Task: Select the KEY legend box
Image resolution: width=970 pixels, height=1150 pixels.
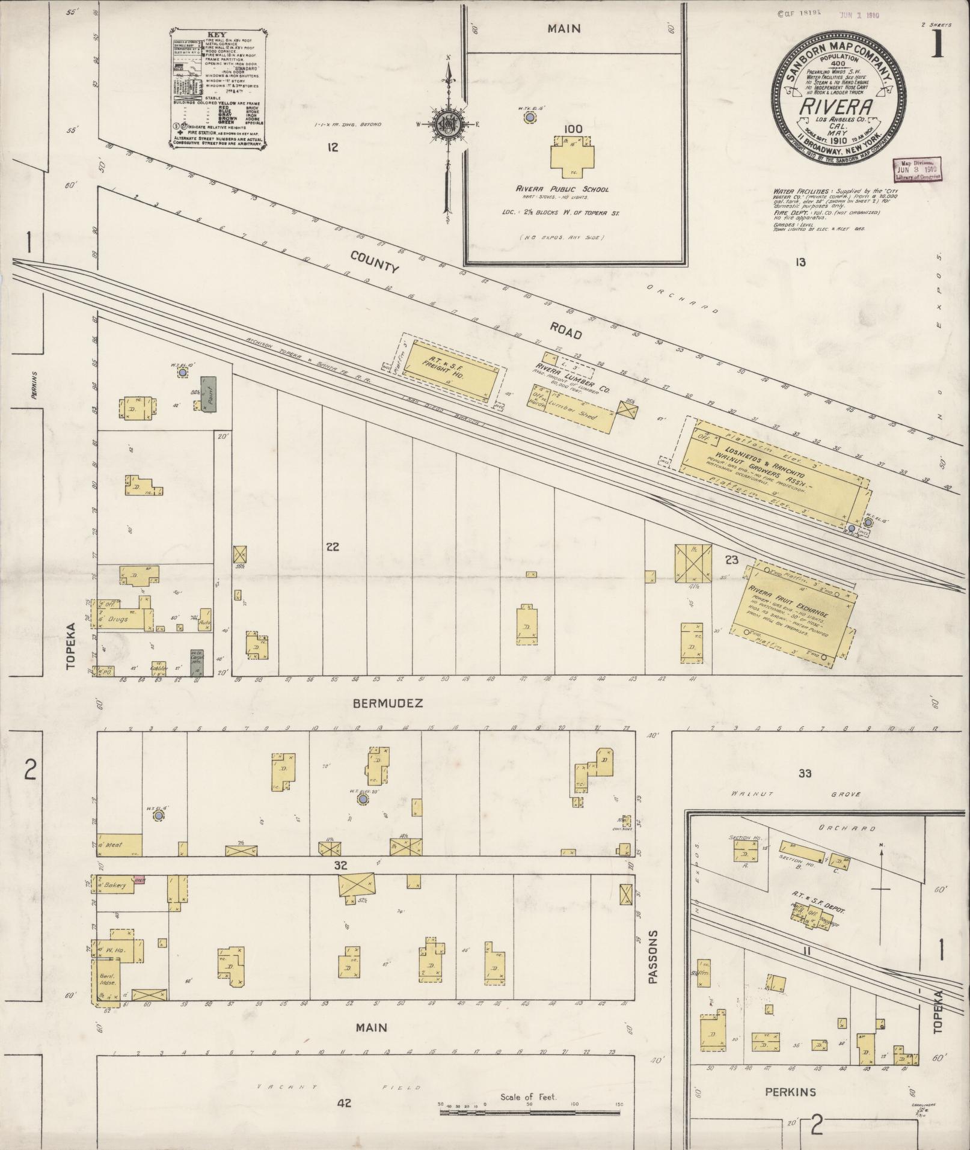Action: click(x=218, y=88)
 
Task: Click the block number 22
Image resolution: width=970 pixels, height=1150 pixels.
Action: click(x=333, y=546)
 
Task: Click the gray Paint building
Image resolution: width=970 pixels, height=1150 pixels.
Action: click(x=209, y=394)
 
